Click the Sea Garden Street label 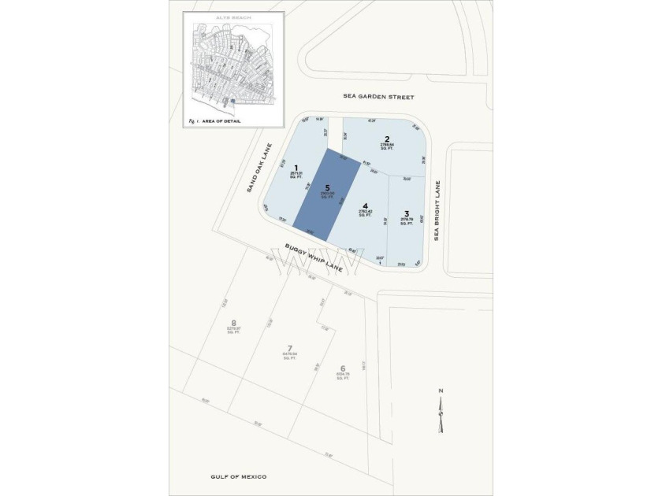pyautogui.click(x=378, y=97)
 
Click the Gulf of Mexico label pyautogui.click(x=239, y=477)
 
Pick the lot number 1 pyautogui.click(x=296, y=167)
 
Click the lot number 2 pyautogui.click(x=386, y=139)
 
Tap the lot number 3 pyautogui.click(x=407, y=213)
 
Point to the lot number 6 pyautogui.click(x=342, y=368)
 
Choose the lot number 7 pyautogui.click(x=289, y=348)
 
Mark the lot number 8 pyautogui.click(x=233, y=321)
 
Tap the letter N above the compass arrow pyautogui.click(x=441, y=391)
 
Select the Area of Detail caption pyautogui.click(x=218, y=121)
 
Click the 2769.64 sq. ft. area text pyautogui.click(x=386, y=147)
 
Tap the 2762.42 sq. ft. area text pyautogui.click(x=365, y=214)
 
